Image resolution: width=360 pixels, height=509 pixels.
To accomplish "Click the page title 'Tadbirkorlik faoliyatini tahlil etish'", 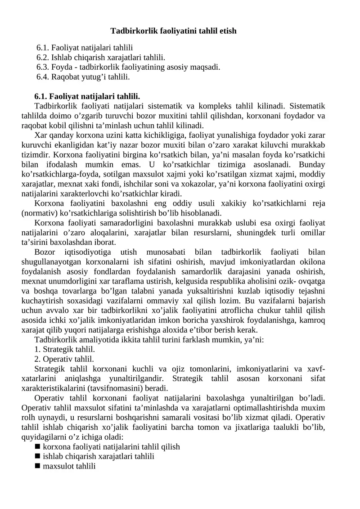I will pos(173,31).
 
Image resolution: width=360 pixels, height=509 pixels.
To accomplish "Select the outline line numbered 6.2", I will pos(101,57).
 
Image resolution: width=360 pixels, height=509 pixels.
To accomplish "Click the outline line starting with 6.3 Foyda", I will pos(128,67).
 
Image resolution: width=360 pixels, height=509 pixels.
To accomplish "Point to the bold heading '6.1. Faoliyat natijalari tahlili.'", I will pos(87,96).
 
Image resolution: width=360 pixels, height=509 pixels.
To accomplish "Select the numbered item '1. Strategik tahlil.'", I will pos(64,349).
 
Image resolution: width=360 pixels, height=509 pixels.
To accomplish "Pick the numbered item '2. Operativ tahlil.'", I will pos(64,359).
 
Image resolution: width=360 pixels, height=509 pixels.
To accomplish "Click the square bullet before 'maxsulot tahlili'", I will pos(37,466).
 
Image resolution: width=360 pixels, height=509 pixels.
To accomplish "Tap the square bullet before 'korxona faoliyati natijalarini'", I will pos(37,446).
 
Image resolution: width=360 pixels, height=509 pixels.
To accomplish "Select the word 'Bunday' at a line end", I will pos(312,164).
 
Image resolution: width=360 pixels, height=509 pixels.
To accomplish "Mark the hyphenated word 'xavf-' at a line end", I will pos(316,369).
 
